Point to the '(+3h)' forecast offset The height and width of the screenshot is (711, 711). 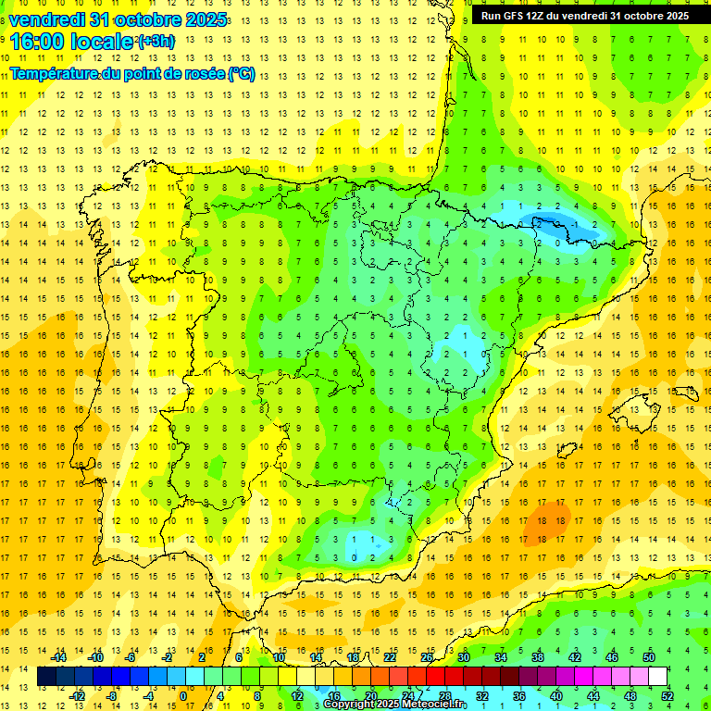[x=155, y=42]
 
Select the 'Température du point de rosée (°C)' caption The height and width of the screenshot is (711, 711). [x=132, y=74]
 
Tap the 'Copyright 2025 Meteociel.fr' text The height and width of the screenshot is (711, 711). [x=394, y=705]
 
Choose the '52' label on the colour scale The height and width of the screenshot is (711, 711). [x=667, y=696]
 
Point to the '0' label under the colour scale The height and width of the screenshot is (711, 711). [x=182, y=696]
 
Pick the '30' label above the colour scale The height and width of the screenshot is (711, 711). [x=463, y=657]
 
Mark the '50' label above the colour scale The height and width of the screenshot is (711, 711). [x=649, y=657]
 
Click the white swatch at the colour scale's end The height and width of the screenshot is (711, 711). [x=658, y=677]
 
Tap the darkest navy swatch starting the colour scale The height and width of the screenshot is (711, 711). [x=47, y=677]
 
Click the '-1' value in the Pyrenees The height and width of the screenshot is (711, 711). [x=578, y=224]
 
